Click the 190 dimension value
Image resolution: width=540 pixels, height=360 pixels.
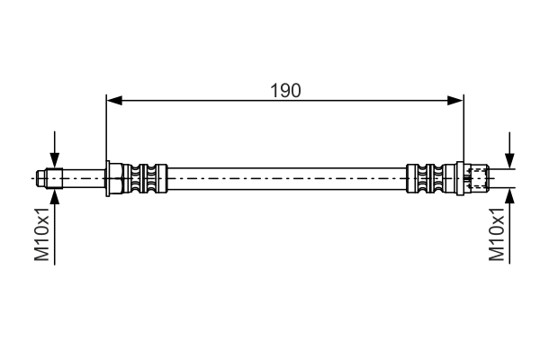[x=284, y=90]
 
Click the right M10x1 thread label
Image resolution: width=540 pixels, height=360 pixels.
[x=497, y=237]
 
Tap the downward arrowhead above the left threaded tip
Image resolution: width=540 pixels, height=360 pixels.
[x=56, y=161]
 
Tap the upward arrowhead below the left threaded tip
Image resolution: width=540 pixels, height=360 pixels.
[x=56, y=195]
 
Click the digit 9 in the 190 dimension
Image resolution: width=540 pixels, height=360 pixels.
[x=284, y=90]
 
